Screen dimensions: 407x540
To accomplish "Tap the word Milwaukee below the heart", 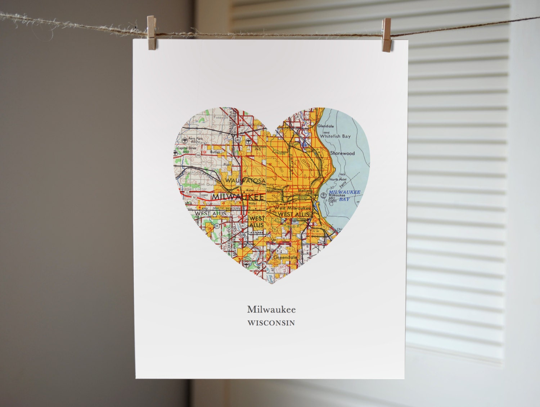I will coord(271,309).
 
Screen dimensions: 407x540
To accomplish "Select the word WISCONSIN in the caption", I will coord(271,323).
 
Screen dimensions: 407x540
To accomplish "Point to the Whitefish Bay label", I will coord(335,136).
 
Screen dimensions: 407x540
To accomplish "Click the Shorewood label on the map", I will coord(342,153).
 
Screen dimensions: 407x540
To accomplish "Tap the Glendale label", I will coord(325,126).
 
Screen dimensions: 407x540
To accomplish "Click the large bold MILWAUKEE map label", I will coord(238,197).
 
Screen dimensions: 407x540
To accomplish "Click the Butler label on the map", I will coord(215,152).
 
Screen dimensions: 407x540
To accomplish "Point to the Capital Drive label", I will coord(186,148).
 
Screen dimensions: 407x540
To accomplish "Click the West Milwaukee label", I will coord(293,208).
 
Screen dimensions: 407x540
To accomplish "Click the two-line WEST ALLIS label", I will coord(257,221).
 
